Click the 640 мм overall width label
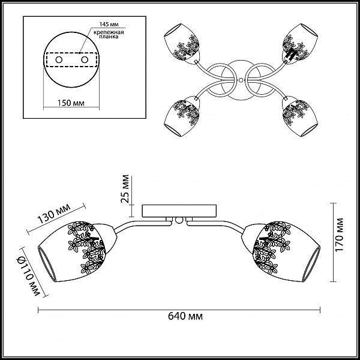point(185,316)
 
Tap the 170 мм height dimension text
point(339,235)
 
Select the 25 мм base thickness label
point(125,189)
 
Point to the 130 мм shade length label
point(54,214)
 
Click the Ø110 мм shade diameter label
point(28,276)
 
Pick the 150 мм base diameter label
point(71,103)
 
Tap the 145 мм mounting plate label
point(109,24)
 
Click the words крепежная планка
point(109,34)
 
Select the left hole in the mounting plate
point(59,60)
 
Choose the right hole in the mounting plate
point(85,60)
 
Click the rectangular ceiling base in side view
point(179,211)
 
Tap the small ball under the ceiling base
point(178,220)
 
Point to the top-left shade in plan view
point(182,42)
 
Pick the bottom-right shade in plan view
point(301,118)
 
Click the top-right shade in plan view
point(301,43)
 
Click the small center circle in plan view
point(241,80)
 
